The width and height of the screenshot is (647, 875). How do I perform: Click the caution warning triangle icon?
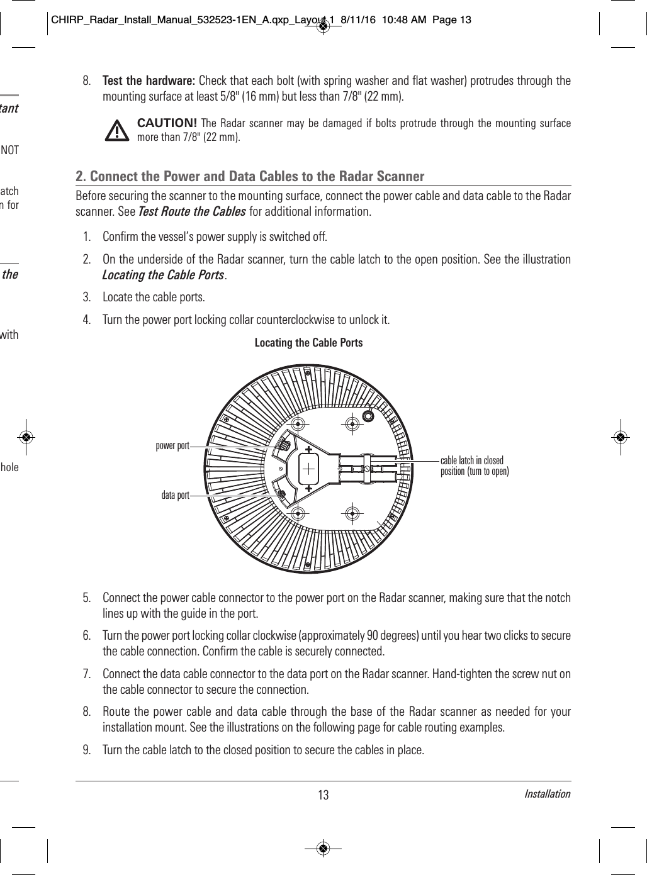coord(115,130)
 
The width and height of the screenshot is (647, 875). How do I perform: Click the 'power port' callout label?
coord(172,446)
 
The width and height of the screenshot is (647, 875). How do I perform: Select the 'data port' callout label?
coord(175,496)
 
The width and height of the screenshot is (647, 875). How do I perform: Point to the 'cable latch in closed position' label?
coord(474,466)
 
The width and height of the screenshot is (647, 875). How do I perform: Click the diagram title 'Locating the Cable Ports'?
coord(308,343)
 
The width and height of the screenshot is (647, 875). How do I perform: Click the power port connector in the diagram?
coord(284,445)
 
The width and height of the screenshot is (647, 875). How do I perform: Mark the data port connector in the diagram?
coord(283,494)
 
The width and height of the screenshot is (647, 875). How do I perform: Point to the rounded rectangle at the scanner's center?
coord(309,468)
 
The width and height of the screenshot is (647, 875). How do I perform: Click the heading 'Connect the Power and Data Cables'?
coord(250,176)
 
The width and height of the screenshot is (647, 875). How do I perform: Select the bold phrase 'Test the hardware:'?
coord(149,81)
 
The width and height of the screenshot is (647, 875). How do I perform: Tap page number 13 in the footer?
coord(323,795)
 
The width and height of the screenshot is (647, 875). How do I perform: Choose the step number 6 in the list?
coord(86,635)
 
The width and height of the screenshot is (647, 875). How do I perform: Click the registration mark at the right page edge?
coord(621,437)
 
